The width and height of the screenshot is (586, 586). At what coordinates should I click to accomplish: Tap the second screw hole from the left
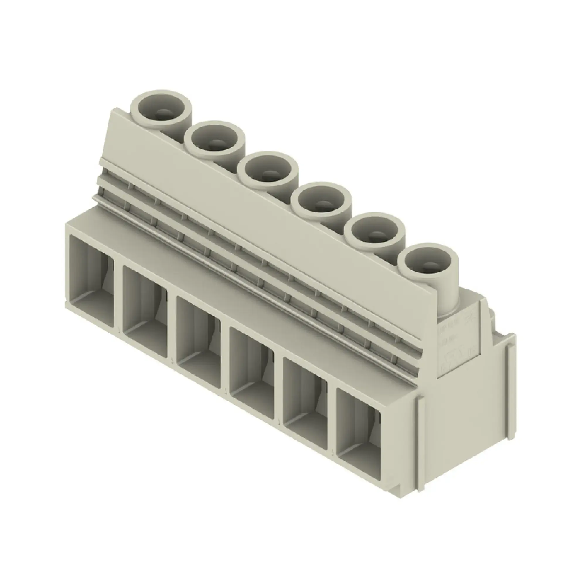coord(214,141)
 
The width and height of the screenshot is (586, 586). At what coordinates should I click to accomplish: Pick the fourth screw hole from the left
coord(321,201)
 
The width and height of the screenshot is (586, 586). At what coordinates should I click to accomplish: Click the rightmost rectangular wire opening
coord(358,431)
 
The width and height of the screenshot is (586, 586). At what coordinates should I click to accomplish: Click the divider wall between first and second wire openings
coord(118,296)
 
